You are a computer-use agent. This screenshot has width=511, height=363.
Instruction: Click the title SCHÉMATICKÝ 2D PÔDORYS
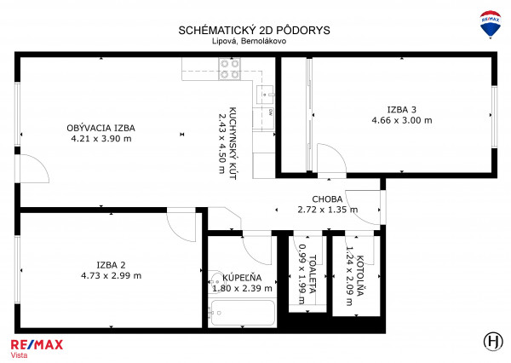[254, 30]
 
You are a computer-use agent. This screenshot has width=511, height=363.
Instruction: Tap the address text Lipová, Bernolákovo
[250, 41]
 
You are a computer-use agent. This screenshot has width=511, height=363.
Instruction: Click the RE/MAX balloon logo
[491, 24]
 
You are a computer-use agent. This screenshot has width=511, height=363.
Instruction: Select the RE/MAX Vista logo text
[37, 349]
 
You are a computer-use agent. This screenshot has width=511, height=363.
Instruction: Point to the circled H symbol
[493, 342]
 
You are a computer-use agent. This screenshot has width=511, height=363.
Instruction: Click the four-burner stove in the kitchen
[230, 69]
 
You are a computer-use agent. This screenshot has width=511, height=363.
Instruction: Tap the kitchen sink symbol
[266, 95]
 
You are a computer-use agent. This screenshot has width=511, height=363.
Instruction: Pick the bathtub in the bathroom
[243, 313]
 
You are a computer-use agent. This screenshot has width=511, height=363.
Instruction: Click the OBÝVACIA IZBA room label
[101, 128]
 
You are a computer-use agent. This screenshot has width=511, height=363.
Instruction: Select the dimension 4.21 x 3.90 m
[101, 139]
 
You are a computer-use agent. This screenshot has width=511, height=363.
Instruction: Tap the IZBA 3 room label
[401, 110]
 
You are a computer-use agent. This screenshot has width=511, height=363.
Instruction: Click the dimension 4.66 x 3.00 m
[402, 120]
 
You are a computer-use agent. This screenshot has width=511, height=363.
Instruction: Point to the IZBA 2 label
[111, 265]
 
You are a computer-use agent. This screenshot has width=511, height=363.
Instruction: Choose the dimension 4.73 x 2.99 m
[111, 275]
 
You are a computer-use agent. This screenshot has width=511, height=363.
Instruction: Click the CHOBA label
[327, 199]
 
